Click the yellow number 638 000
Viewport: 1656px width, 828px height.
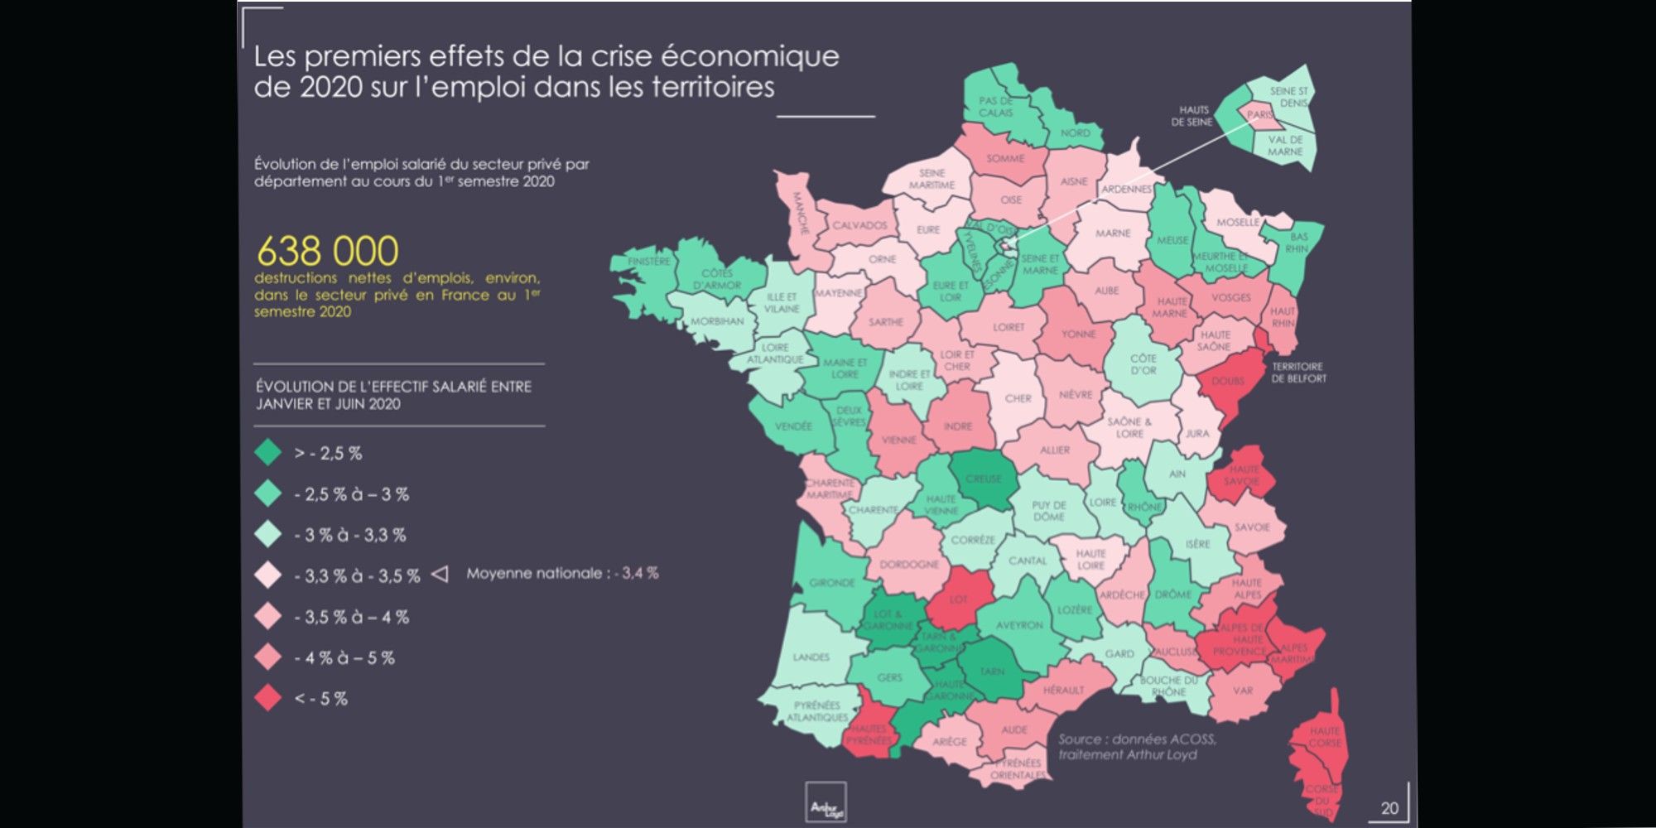(328, 251)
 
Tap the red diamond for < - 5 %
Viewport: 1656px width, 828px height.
(268, 698)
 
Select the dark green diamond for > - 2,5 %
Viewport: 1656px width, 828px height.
(268, 453)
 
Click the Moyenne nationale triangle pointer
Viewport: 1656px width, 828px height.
(440, 574)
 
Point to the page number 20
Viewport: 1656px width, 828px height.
(1389, 808)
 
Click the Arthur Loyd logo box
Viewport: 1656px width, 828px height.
(826, 802)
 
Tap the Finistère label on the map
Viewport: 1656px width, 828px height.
(648, 262)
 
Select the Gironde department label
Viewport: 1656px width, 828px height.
(831, 583)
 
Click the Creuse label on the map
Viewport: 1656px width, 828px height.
(984, 479)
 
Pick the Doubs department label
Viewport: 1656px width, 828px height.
(1227, 382)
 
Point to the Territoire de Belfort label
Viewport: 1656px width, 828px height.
(1298, 373)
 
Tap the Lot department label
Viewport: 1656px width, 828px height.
(958, 599)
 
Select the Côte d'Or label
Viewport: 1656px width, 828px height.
(1143, 364)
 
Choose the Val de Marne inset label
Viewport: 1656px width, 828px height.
(1285, 146)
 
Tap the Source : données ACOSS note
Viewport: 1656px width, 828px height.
(1137, 739)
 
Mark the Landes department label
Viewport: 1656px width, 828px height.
(811, 657)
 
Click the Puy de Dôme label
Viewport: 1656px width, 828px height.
(1049, 510)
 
